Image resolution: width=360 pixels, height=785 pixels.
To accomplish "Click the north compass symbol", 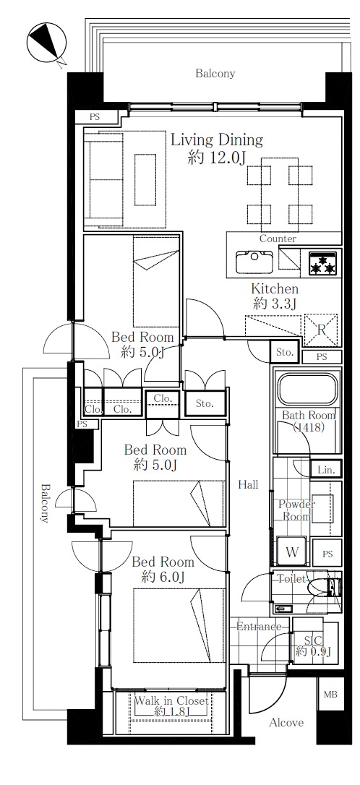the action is (x=46, y=43).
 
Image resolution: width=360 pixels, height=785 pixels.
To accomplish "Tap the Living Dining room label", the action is (x=217, y=140).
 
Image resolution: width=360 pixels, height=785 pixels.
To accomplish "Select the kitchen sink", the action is (x=254, y=261).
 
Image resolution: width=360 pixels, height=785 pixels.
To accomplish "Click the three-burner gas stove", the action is (x=322, y=262).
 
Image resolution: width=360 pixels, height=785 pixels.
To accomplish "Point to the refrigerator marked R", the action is (x=321, y=330).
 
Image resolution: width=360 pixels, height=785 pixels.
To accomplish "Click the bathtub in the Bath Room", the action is (x=307, y=389).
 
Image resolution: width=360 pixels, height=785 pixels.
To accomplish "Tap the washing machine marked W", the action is (x=292, y=552).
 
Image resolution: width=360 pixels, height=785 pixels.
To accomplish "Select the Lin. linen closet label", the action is (x=326, y=470).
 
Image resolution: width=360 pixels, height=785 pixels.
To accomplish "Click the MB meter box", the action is (x=330, y=695).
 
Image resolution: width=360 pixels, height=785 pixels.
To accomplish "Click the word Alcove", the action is (x=286, y=722).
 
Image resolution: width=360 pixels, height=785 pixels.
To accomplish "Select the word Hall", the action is (x=248, y=484).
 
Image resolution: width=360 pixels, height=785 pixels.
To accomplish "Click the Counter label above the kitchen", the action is (x=278, y=239).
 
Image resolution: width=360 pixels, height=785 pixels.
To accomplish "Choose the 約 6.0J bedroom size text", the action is (x=163, y=578).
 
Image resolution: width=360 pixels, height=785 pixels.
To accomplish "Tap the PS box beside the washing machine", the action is (x=327, y=554).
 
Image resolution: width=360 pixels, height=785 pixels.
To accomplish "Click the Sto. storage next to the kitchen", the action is (x=284, y=353).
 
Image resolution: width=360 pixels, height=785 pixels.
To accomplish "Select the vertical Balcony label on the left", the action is (x=46, y=502).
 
